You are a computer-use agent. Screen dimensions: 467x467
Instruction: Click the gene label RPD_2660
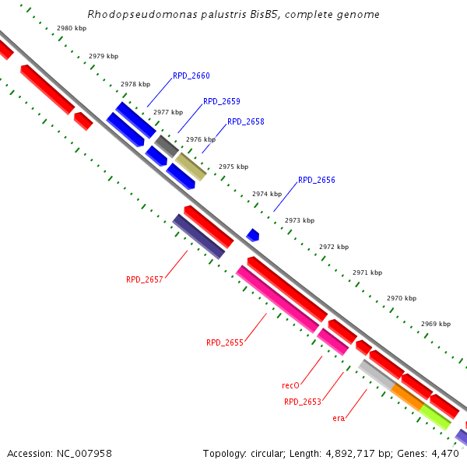(191, 76)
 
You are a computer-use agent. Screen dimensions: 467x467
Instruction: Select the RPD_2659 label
(222, 102)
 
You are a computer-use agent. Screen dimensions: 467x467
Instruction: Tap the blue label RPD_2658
(246, 122)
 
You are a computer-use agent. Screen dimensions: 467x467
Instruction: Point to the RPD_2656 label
(317, 180)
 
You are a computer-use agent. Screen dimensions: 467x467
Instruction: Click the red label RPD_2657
(145, 279)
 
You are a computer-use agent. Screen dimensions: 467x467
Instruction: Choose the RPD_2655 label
(225, 342)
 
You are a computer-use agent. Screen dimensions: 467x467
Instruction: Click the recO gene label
(291, 385)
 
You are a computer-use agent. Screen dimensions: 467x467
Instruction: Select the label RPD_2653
(303, 402)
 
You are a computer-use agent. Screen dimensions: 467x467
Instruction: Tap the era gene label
(339, 418)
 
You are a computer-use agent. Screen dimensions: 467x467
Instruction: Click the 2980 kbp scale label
(72, 28)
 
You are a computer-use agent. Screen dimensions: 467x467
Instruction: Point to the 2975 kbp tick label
(233, 167)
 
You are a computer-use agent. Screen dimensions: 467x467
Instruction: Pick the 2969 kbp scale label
(436, 324)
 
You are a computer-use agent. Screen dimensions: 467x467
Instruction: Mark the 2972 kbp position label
(334, 247)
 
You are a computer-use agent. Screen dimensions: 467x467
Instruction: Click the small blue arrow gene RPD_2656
(253, 234)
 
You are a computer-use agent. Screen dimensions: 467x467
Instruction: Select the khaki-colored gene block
(191, 167)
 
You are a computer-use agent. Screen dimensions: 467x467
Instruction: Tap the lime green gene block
(435, 416)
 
